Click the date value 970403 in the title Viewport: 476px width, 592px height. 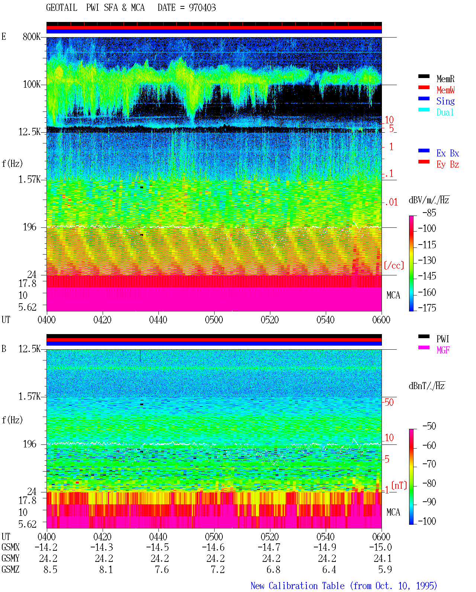click(202, 8)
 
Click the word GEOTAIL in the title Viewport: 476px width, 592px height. click(62, 8)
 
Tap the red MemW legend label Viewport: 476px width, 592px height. click(446, 90)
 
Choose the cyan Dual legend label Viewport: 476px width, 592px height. click(445, 112)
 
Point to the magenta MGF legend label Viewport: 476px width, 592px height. click(443, 350)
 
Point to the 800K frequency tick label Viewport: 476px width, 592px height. click(32, 36)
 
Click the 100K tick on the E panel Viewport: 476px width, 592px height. click(32, 84)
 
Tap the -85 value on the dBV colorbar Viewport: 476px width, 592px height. click(429, 213)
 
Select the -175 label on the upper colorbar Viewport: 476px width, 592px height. click(427, 308)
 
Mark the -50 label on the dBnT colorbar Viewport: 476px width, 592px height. click(429, 426)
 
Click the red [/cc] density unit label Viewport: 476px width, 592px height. click(394, 265)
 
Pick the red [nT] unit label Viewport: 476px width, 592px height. click(399, 486)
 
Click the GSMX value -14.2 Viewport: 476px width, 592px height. click(46, 547)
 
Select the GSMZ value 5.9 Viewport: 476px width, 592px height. click(385, 569)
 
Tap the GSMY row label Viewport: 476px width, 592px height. click(10, 559)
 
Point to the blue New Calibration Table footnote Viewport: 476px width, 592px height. click(344, 586)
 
